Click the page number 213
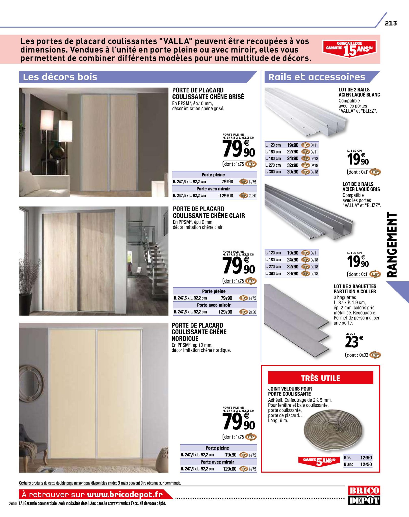click(391, 23)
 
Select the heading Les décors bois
click(60, 77)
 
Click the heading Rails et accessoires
click(317, 77)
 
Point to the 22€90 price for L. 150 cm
click(293, 152)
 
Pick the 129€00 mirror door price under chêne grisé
click(226, 196)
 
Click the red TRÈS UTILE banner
click(320, 378)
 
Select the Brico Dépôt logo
click(364, 495)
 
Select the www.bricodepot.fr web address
click(125, 494)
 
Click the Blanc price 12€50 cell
click(366, 464)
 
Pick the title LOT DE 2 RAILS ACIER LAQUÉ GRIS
click(361, 187)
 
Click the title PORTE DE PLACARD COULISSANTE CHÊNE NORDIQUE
click(199, 332)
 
